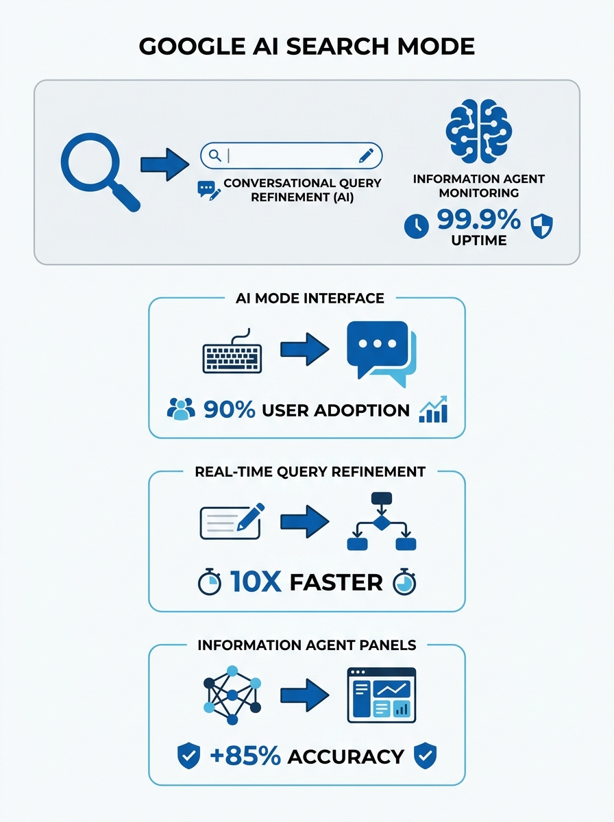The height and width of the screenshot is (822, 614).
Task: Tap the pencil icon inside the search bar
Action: tap(366, 155)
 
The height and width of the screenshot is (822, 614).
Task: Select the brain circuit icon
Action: tap(479, 131)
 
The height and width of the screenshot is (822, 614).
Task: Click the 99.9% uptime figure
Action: tap(479, 219)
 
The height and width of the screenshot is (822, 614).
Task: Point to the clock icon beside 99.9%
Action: tap(417, 226)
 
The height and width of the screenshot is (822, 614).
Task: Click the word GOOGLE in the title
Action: tap(192, 47)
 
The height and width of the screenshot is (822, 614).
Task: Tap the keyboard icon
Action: tap(232, 351)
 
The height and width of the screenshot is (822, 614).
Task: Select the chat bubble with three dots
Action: tap(382, 354)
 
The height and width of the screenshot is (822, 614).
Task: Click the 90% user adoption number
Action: tap(230, 410)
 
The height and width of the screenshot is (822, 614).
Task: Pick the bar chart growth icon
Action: tap(434, 409)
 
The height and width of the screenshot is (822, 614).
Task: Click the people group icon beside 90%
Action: tap(181, 409)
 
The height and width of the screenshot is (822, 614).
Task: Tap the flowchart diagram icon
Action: tap(382, 521)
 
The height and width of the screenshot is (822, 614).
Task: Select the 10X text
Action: tap(256, 582)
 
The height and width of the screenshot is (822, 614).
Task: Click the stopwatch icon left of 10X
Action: tap(210, 582)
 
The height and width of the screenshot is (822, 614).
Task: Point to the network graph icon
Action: tap(232, 695)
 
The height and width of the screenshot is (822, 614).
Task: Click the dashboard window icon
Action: tap(382, 695)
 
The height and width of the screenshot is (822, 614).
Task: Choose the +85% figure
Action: tap(245, 756)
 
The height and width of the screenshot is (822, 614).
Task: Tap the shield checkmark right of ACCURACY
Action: tap(425, 756)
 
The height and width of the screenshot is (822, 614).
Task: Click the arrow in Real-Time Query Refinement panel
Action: tap(304, 521)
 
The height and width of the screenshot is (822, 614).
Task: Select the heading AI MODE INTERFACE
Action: tap(310, 298)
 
